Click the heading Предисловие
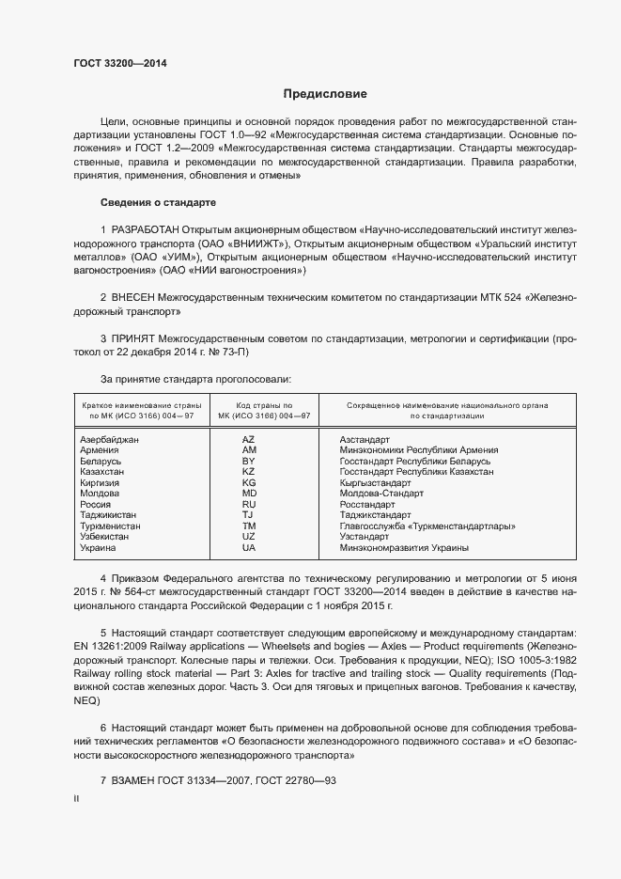pyautogui.click(x=325, y=94)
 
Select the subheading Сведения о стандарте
pyautogui.click(x=159, y=203)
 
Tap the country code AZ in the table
pyautogui.click(x=249, y=440)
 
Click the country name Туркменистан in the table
pyautogui.click(x=111, y=526)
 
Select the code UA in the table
pyautogui.click(x=249, y=548)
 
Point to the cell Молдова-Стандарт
pyautogui.click(x=381, y=494)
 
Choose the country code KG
pyautogui.click(x=249, y=483)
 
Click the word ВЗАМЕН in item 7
pyautogui.click(x=133, y=782)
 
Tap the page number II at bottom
pyautogui.click(x=76, y=799)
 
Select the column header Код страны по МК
pyautogui.click(x=256, y=410)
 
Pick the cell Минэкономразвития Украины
pyautogui.click(x=404, y=548)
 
